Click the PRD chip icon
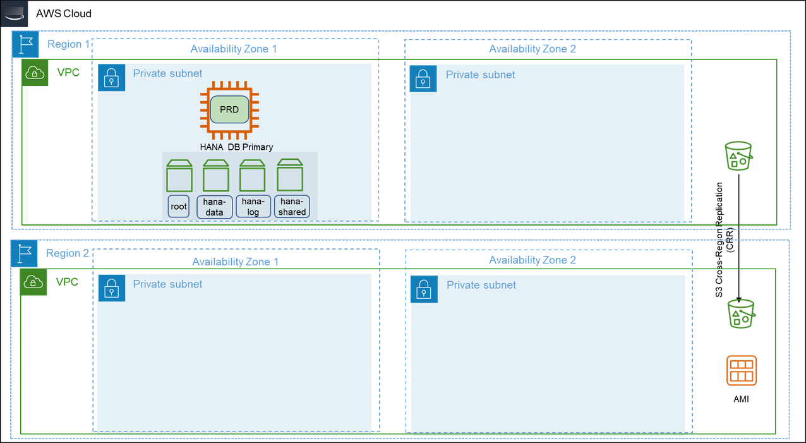tap(229, 110)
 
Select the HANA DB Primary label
tap(237, 147)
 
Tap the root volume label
tap(179, 207)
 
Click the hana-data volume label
tap(215, 207)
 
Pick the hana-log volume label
tap(253, 207)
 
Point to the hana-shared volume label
tap(292, 207)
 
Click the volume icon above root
tap(179, 176)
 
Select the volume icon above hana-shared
tap(291, 176)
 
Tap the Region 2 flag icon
tap(25, 254)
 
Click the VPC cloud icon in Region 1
tap(35, 73)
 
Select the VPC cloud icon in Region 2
tap(33, 282)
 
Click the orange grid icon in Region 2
tap(742, 370)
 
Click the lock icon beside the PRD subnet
tap(111, 78)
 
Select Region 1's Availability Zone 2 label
tap(532, 49)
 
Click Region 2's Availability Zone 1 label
tap(235, 261)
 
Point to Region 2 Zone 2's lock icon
tap(423, 289)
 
